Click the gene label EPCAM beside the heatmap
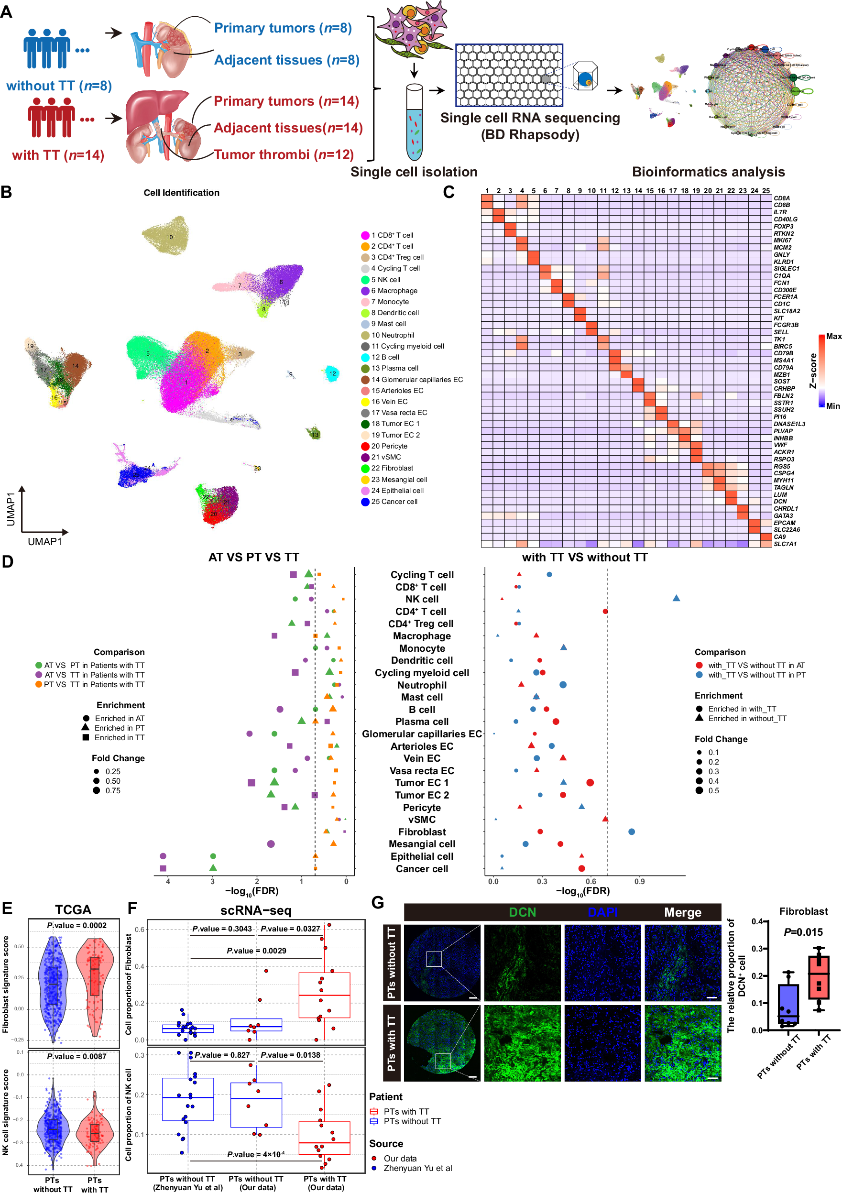[x=783, y=523]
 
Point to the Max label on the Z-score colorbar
[x=833, y=337]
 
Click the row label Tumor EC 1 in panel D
[x=421, y=783]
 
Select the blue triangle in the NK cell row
[x=676, y=599]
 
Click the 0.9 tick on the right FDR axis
[x=639, y=881]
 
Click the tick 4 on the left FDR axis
[x=167, y=881]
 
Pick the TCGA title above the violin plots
[x=73, y=910]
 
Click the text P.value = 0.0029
[x=256, y=951]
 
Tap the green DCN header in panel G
[x=522, y=912]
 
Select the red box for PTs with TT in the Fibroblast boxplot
[x=818, y=977]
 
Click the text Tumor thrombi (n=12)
[x=284, y=154]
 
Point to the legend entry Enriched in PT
[x=119, y=728]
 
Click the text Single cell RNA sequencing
[x=530, y=118]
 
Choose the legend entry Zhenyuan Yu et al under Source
[x=417, y=1168]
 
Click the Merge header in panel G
[x=682, y=912]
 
